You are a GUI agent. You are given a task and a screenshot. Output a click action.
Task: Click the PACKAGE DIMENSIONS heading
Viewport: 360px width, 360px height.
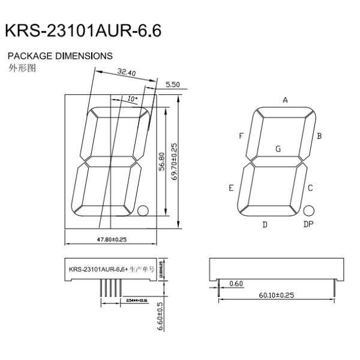(59, 56)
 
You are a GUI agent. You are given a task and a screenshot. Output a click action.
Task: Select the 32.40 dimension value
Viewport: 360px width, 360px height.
(126, 73)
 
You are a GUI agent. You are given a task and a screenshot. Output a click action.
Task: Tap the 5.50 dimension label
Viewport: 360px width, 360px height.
(172, 85)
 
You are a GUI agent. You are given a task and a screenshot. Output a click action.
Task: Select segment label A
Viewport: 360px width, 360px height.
(285, 100)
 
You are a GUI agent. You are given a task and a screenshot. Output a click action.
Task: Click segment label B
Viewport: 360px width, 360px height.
(320, 136)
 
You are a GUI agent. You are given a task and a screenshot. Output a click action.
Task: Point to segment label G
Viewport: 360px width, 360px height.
(277, 148)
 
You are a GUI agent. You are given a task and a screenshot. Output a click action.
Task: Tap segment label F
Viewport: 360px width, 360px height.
(241, 136)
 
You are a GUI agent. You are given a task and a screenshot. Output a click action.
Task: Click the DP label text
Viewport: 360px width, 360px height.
(308, 224)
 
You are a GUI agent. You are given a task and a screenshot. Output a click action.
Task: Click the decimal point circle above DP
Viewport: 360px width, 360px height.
(308, 211)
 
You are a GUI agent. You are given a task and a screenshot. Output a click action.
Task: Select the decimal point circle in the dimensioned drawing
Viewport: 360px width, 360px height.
(143, 211)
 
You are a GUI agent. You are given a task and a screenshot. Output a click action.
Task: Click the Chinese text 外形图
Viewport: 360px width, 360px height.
(22, 67)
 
